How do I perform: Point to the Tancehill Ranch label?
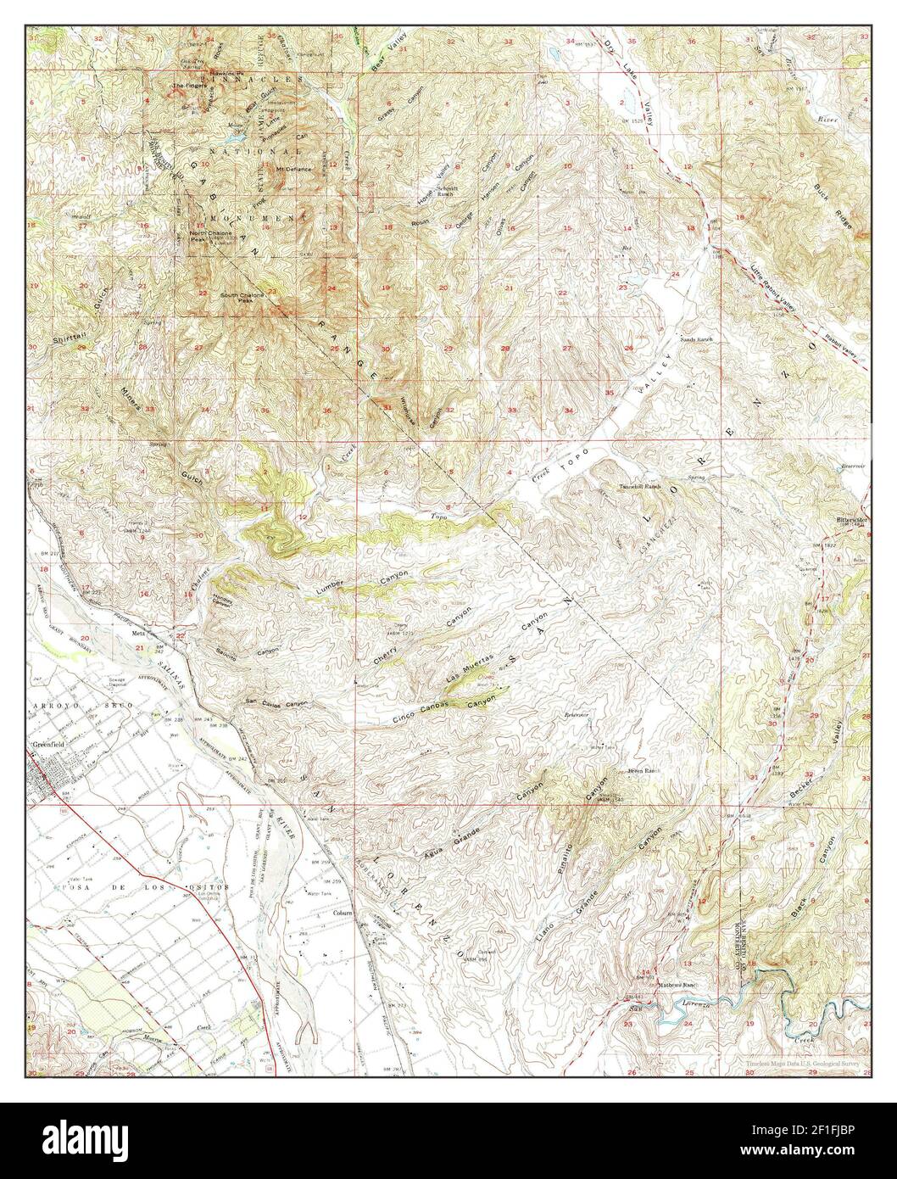tap(640, 486)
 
